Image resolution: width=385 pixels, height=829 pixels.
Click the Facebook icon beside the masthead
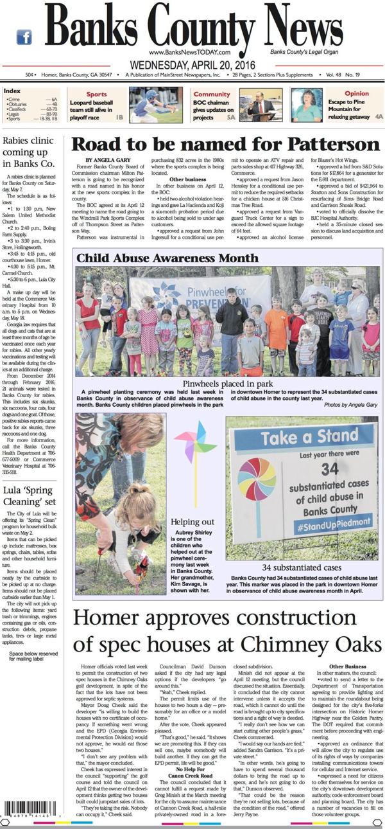[x=24, y=37]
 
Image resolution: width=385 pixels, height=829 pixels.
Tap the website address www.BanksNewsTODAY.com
[x=189, y=52]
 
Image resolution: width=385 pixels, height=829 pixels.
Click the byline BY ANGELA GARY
[x=107, y=159]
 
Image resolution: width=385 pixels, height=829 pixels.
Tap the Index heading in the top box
[x=12, y=91]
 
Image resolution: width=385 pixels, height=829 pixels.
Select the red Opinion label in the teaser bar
[x=356, y=94]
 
